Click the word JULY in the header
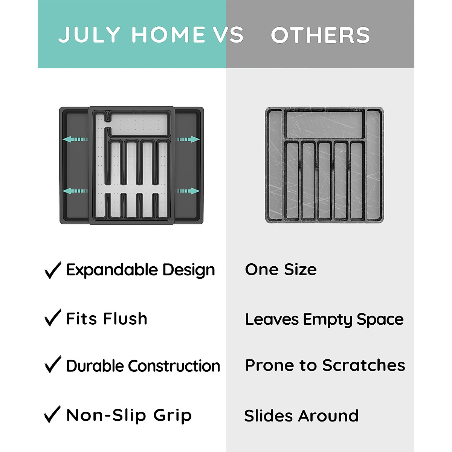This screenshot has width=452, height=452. [x=89, y=35]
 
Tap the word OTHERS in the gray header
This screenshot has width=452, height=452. [x=320, y=35]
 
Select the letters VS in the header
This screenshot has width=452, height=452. [x=229, y=35]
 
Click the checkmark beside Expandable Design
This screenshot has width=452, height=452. [x=52, y=270]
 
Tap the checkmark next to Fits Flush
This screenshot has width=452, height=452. [x=52, y=318]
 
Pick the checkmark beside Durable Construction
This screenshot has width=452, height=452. [x=52, y=365]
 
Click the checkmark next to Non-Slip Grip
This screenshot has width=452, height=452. [x=52, y=414]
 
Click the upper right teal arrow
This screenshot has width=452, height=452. [x=188, y=139]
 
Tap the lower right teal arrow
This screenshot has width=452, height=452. [x=188, y=191]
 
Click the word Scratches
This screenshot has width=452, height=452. [x=363, y=365]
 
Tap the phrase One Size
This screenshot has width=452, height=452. [x=281, y=270]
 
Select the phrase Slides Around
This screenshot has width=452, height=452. [x=301, y=416]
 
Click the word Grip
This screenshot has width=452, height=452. [x=173, y=415]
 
